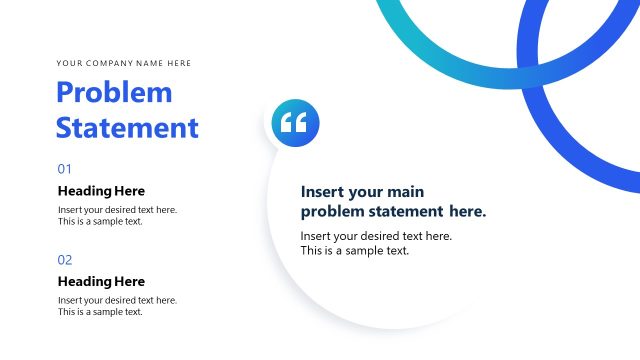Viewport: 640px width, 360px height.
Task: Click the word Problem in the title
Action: (114, 93)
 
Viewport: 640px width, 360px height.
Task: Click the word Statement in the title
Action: (127, 128)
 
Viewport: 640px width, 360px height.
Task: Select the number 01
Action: (65, 169)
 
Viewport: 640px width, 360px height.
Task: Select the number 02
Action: (65, 260)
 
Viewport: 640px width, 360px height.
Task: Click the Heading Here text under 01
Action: (101, 191)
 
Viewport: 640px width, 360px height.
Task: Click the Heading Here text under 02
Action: (101, 282)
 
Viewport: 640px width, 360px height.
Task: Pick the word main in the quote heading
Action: (404, 191)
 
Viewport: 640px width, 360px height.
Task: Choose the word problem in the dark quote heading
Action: (333, 211)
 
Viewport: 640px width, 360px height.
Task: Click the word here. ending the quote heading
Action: (467, 211)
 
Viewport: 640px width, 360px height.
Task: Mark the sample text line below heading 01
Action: (100, 221)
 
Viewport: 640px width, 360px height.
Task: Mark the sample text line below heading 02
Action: (100, 312)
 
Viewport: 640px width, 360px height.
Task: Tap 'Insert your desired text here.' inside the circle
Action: (376, 236)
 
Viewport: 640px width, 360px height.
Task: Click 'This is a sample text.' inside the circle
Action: (355, 251)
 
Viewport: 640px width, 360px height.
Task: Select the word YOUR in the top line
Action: (69, 63)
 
